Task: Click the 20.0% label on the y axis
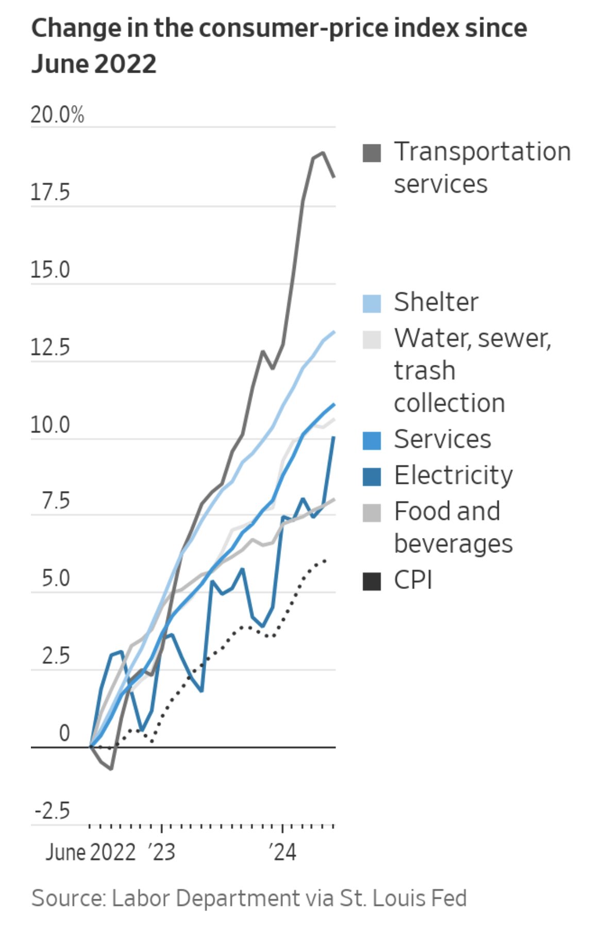click(57, 115)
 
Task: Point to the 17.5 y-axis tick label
click(50, 193)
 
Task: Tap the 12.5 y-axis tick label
click(50, 348)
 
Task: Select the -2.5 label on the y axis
click(52, 811)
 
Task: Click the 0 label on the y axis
click(64, 733)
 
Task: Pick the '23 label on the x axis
click(162, 853)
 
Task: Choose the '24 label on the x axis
click(282, 853)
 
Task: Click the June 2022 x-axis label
click(90, 853)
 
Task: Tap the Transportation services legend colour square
click(372, 153)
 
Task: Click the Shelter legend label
click(436, 302)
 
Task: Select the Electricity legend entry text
click(453, 476)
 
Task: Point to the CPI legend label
click(413, 581)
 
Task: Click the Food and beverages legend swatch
click(372, 513)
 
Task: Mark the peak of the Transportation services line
click(323, 153)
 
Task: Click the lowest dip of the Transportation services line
click(111, 769)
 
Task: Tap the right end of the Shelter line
click(334, 332)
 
